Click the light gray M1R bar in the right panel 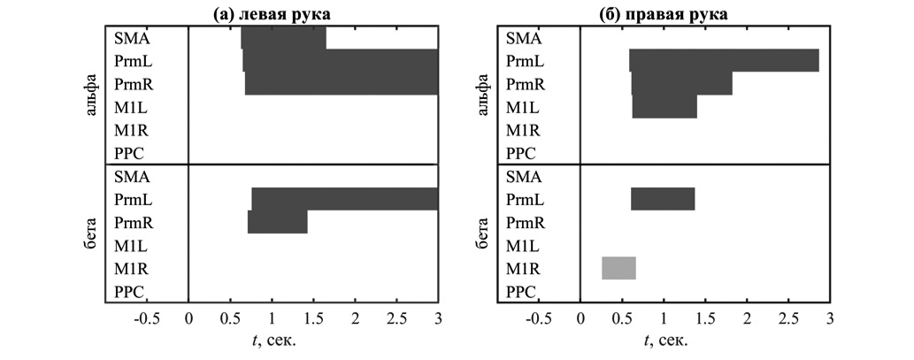[618, 267]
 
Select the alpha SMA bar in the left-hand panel [283, 38]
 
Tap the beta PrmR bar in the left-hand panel [277, 222]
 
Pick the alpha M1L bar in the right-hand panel [664, 107]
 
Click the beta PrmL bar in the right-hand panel [663, 199]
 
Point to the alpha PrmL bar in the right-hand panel [724, 61]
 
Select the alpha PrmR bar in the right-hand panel [681, 84]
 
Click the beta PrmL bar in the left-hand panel [345, 199]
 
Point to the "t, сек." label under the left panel [273, 341]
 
